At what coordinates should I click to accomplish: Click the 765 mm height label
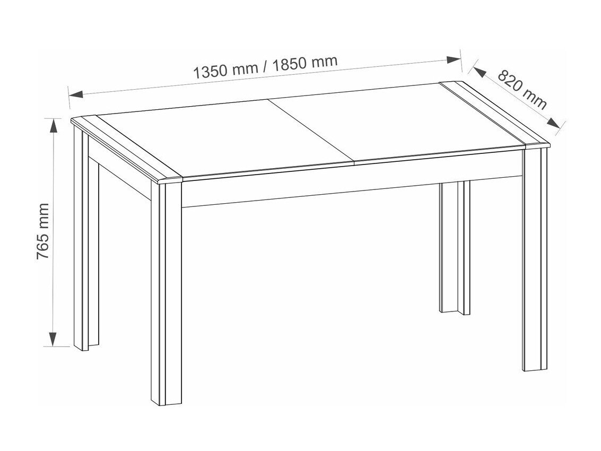coord(43,231)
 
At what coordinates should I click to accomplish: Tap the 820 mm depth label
coord(522,89)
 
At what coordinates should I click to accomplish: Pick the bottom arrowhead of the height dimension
coord(54,339)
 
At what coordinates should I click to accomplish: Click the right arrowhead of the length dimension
coord(454,59)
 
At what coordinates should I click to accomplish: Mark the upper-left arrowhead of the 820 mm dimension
coord(480,72)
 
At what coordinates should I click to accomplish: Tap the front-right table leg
coord(535,259)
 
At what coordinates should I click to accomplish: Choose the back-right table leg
coord(455,248)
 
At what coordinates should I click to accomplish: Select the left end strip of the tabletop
coord(127,148)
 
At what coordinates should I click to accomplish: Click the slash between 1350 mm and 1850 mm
coord(266,67)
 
